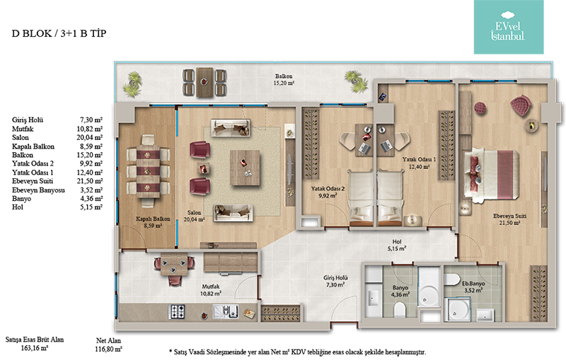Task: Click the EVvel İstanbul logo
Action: tap(508, 27)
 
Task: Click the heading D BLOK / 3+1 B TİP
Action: tap(59, 33)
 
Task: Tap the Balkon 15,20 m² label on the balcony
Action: tap(284, 79)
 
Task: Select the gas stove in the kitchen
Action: tap(177, 311)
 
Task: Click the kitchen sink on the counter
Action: tap(226, 311)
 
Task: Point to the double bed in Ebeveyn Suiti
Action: tap(491, 174)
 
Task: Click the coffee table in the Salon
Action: tap(245, 168)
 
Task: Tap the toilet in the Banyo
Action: tap(400, 310)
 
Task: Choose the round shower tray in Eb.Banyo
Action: tap(458, 310)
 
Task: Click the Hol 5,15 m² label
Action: tap(397, 245)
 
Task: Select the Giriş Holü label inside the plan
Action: tap(335, 278)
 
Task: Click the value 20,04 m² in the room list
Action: tap(91, 137)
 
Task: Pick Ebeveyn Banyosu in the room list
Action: tap(38, 190)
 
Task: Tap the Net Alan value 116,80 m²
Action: tap(109, 349)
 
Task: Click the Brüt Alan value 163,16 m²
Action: tap(35, 348)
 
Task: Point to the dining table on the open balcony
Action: tap(204, 82)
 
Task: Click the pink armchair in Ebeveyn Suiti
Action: tap(521, 105)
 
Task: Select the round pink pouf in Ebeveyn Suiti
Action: tap(480, 108)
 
